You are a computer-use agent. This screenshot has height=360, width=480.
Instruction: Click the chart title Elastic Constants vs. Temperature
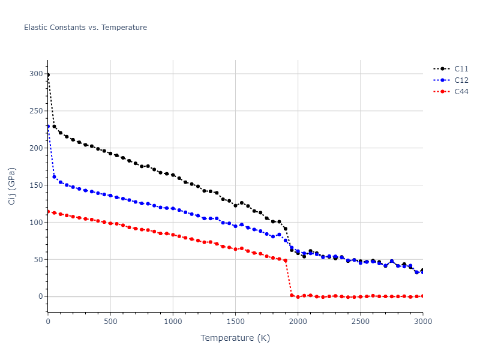[x=85, y=28]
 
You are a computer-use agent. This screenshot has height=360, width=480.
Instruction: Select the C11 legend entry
[x=461, y=68]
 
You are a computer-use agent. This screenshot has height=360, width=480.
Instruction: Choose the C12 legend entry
[x=461, y=80]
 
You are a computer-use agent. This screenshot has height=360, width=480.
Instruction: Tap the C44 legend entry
[x=461, y=91]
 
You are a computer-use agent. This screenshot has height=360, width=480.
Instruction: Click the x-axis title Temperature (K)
[x=235, y=338]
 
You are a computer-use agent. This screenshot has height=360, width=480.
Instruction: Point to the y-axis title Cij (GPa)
[x=12, y=186]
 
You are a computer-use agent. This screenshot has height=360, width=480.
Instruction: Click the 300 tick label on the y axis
[x=35, y=74]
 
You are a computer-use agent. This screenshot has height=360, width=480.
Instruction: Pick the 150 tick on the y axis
[x=35, y=185]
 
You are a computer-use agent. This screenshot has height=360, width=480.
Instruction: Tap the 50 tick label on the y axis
[x=38, y=259]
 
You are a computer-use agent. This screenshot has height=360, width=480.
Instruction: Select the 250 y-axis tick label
[x=35, y=111]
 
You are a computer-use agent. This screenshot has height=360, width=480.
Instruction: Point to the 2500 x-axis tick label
[x=360, y=322]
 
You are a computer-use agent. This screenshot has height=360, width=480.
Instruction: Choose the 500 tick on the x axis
[x=110, y=322]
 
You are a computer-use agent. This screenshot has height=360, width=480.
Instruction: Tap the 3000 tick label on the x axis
[x=422, y=322]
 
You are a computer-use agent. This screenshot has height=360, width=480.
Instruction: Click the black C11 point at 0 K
[x=48, y=75]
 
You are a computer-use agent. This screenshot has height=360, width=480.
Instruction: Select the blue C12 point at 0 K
[x=48, y=127]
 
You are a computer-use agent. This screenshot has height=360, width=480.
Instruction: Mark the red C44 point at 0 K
[x=48, y=211]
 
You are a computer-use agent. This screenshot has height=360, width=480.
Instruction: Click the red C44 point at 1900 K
[x=286, y=260]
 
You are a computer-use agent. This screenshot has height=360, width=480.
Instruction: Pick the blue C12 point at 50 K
[x=54, y=176]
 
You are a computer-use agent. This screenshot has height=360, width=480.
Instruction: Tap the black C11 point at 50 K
[x=54, y=126]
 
